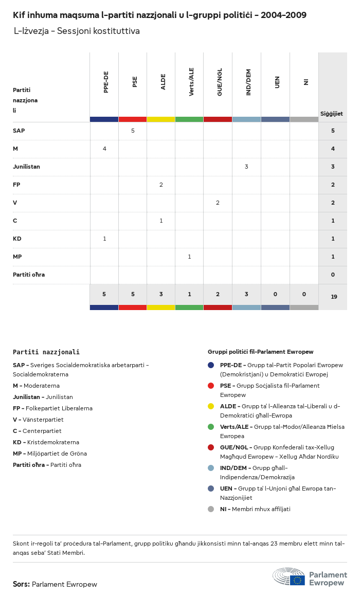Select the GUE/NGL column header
click(220, 83)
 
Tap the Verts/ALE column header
click(191, 82)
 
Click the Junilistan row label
click(26, 167)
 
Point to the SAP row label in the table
click(19, 131)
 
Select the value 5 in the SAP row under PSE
click(133, 131)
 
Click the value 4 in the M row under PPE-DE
click(104, 149)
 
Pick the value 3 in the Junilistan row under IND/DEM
click(246, 167)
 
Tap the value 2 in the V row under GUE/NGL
click(218, 203)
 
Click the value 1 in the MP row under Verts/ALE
click(189, 257)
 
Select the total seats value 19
click(334, 297)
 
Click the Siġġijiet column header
click(332, 114)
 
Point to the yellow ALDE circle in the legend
click(211, 406)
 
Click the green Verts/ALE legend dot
click(211, 427)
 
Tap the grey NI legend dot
click(211, 509)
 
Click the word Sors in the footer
click(21, 584)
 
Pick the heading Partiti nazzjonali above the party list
click(46, 352)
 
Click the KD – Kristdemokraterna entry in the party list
click(46, 442)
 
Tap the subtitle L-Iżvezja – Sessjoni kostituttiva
click(77, 31)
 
